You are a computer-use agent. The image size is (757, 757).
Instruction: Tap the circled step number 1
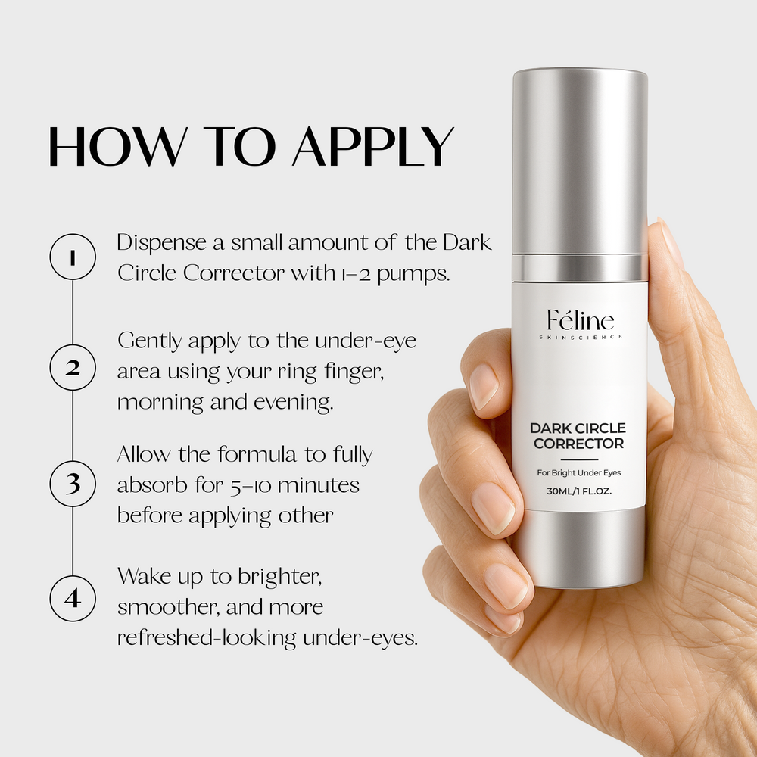[73, 258]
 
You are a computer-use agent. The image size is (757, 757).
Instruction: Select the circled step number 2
[73, 369]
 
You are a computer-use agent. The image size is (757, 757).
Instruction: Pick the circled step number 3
[73, 482]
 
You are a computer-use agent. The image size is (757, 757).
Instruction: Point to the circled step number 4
[73, 598]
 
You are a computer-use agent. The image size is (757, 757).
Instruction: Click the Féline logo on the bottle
[581, 320]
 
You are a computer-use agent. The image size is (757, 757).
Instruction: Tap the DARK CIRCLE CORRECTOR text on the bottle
[579, 436]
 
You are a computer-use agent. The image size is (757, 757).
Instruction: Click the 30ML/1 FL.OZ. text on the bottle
[579, 491]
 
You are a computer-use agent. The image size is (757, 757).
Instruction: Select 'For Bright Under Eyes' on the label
[579, 473]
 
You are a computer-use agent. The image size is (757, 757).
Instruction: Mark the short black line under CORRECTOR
[579, 459]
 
